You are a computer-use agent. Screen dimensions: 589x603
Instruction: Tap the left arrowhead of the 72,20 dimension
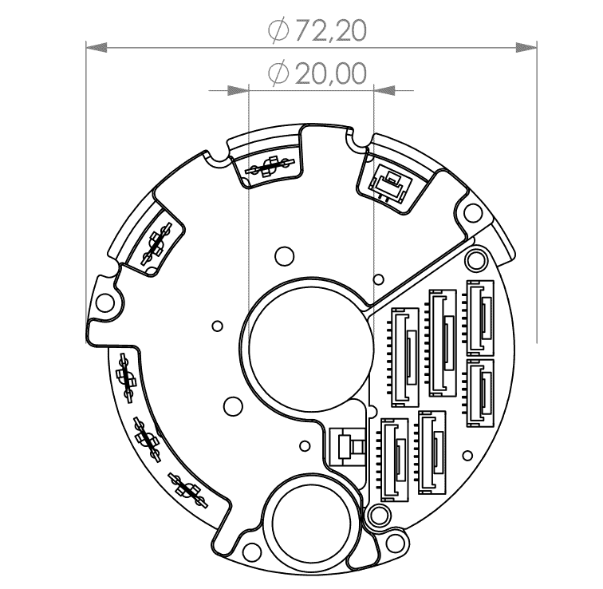coord(96,48)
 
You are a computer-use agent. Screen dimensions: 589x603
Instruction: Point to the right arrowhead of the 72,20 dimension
coord(527,48)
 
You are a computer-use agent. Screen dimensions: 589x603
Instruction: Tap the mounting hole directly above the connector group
coord(477,257)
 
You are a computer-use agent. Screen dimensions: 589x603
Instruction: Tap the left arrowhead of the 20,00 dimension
coord(239,90)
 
